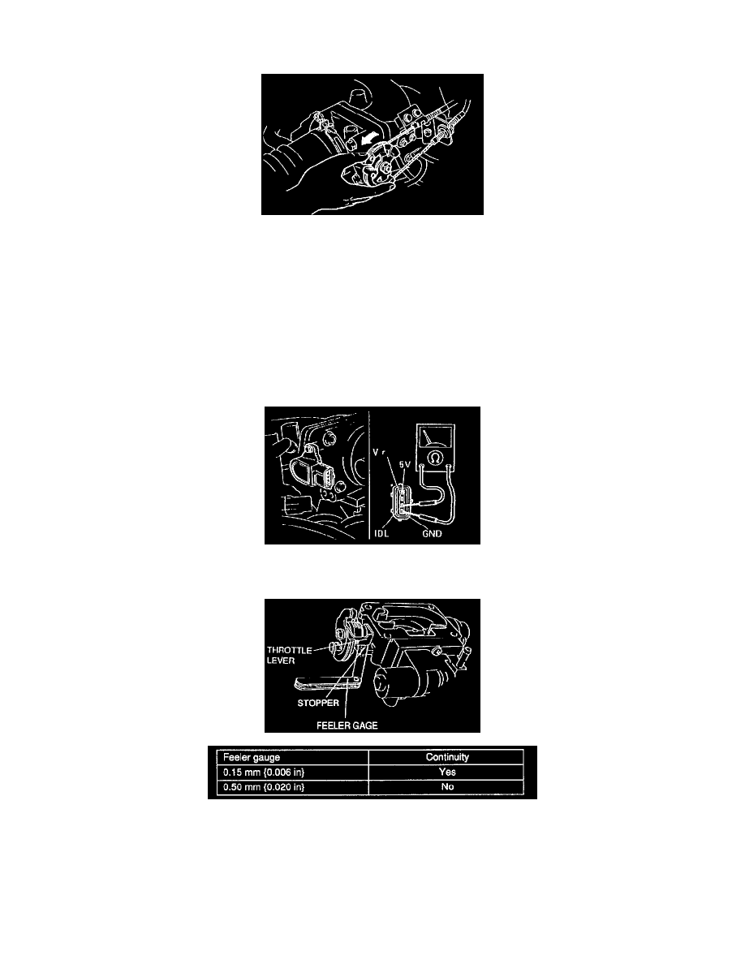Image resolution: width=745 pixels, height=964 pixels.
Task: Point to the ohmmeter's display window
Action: (x=438, y=442)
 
